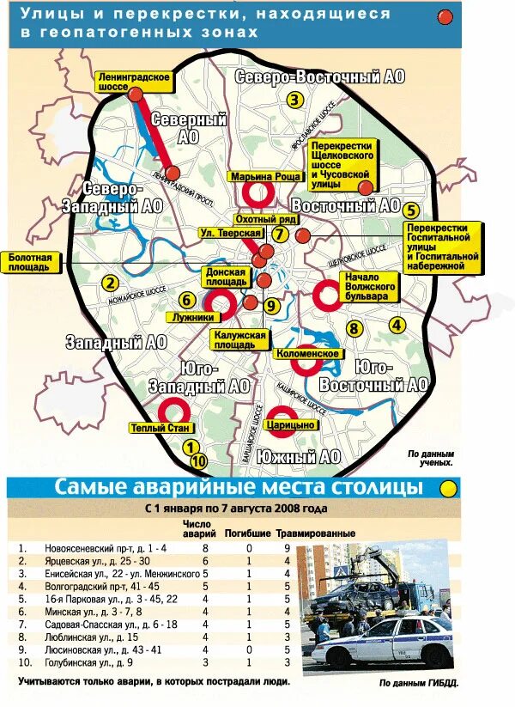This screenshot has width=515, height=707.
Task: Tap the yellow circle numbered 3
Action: click(x=294, y=99)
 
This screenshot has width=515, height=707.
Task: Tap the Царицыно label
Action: click(x=294, y=424)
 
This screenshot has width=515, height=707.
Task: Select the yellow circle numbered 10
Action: click(x=199, y=461)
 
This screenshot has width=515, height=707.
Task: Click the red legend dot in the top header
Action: click(x=445, y=17)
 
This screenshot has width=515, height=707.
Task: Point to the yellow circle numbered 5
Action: click(x=411, y=210)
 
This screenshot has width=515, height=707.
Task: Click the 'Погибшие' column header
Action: click(x=248, y=533)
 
